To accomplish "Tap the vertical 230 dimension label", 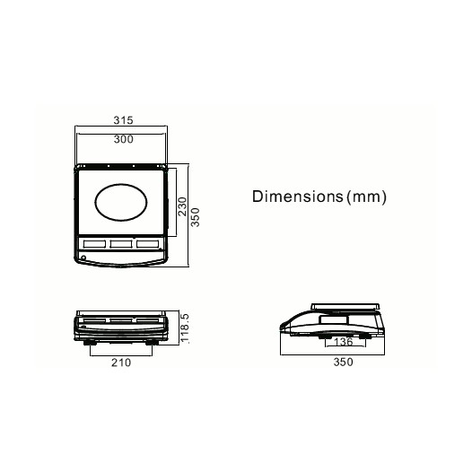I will (182, 208).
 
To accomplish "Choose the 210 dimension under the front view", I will (120, 363).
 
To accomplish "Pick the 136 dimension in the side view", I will (343, 342).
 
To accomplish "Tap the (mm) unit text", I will (367, 197).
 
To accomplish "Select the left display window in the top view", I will (93, 244).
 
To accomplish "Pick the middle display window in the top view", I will (121, 244).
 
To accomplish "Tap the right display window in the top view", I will (148, 244).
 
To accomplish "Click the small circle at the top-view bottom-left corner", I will (83, 258).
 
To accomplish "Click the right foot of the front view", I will (153, 340).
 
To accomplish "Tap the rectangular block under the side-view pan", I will (335, 317).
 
